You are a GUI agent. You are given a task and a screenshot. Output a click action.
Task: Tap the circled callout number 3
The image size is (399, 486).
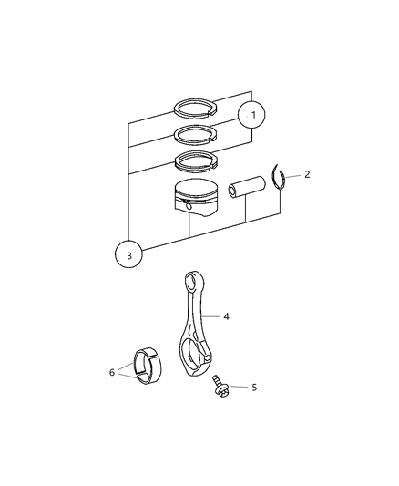[128, 255]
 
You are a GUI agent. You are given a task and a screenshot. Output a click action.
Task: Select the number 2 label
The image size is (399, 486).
[307, 173]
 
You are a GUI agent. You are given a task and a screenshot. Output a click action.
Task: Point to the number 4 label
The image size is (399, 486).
[226, 316]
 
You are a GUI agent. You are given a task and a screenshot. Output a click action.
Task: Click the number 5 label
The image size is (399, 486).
[254, 388]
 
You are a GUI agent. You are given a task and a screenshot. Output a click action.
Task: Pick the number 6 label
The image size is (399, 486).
[112, 372]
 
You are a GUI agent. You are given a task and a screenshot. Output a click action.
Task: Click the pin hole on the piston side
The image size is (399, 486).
[189, 205]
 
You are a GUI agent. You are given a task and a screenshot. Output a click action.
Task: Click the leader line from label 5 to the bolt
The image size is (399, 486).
[239, 387]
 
